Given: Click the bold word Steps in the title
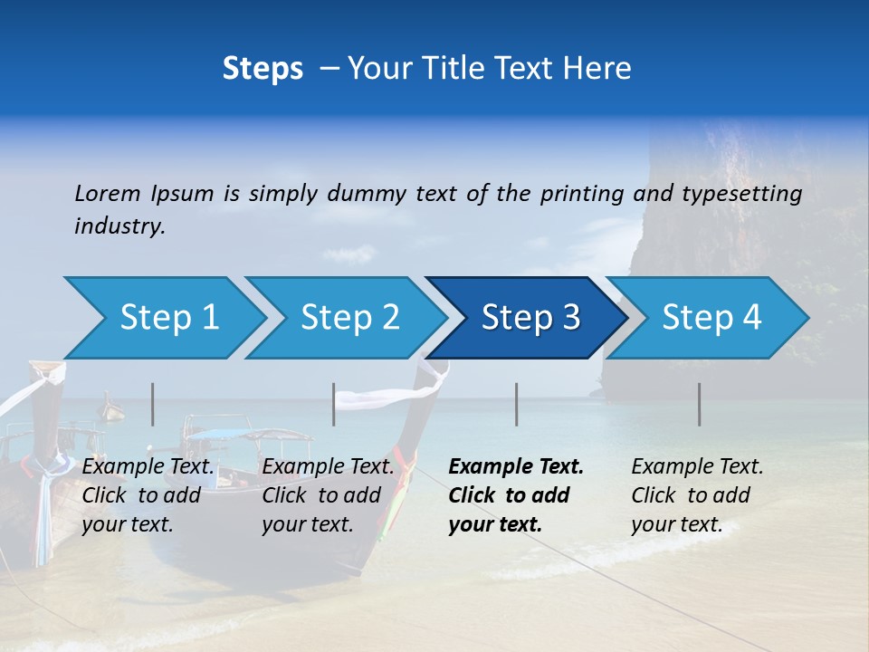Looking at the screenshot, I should [263, 69].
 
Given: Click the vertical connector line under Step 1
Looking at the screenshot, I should [153, 404].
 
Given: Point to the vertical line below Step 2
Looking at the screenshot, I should [334, 404].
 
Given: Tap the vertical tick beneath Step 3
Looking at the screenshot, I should [517, 404].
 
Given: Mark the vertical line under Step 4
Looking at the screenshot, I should [700, 404].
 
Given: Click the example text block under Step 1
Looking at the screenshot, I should [148, 495].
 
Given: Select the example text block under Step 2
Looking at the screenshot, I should [328, 495].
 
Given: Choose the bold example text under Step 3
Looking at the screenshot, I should [515, 495].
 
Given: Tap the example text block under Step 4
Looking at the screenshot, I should [697, 495].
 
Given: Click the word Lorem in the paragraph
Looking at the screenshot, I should [108, 194].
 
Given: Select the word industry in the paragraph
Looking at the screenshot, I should [119, 226].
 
